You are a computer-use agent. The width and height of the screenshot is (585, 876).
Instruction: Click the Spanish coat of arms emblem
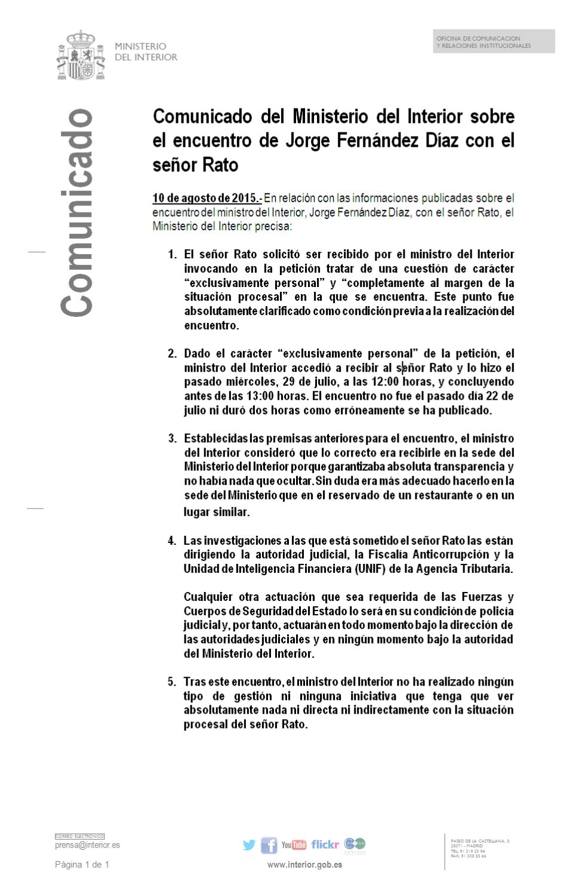tap(81, 55)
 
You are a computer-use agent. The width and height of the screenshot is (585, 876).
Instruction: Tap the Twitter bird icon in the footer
tap(249, 845)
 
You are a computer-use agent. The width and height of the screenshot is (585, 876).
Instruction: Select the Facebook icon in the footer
tap(269, 845)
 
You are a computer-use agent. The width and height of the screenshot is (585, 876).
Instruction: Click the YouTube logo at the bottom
tap(294, 845)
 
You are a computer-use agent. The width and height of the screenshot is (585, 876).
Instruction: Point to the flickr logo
tap(325, 844)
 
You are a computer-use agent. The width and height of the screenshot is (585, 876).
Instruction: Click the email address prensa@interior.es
tap(87, 845)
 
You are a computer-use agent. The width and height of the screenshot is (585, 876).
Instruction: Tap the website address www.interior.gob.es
tap(304, 864)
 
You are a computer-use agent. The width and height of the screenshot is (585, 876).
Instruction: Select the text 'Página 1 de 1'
tap(82, 864)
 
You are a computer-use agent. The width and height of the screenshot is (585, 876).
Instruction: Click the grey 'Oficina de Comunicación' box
tap(494, 42)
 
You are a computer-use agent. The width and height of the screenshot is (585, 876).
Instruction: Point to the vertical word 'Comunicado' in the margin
tap(76, 213)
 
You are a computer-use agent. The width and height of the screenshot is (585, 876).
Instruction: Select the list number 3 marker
tap(172, 439)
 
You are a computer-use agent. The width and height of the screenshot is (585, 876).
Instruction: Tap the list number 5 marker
tap(172, 681)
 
